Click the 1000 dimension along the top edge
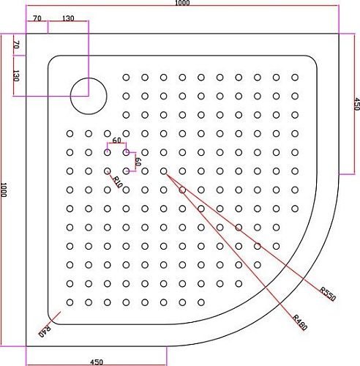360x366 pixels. click(182, 4)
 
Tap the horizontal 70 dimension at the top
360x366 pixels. click(37, 17)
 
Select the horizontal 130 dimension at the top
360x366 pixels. click(67, 17)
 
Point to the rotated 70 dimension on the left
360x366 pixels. click(15, 45)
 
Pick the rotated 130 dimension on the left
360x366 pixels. click(15, 75)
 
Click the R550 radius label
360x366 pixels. click(327, 294)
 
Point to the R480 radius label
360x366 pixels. click(299, 321)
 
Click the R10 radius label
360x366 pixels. click(118, 181)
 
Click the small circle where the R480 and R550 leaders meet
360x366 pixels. click(163, 172)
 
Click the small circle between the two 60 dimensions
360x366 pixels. click(126, 153)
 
